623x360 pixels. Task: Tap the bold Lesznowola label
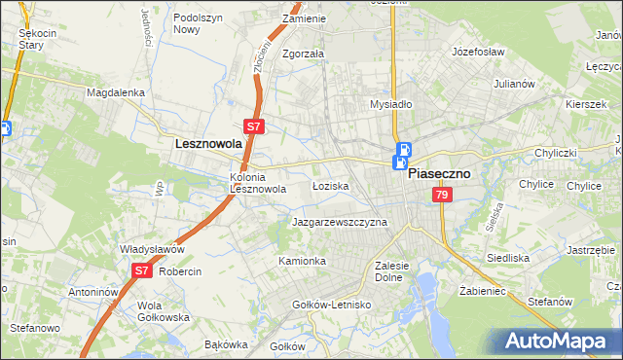pos(207,143)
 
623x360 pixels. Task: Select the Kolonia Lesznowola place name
pos(257,183)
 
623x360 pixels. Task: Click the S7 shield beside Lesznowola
pos(253,126)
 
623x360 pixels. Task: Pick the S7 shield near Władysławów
pos(141,270)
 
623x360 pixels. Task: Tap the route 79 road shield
pos(442,196)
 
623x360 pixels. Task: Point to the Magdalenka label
pos(115,92)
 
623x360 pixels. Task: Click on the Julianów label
pos(515,84)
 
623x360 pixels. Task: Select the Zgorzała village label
pos(303,54)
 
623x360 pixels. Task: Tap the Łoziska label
pos(330,185)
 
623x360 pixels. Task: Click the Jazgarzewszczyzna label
pos(340,222)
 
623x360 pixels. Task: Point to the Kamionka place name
pos(302,261)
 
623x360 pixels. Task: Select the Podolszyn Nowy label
pos(200,23)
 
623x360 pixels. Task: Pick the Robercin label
pos(180,271)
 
